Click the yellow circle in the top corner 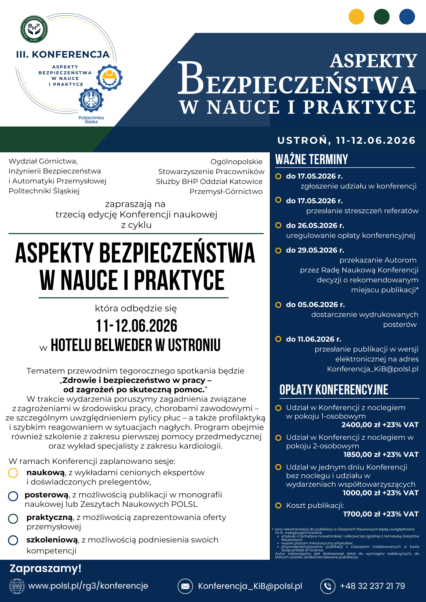(356, 17)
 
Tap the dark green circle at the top (381, 17)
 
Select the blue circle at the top (407, 17)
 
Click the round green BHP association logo (34, 29)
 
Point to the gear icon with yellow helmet (110, 77)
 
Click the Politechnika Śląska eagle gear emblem (91, 100)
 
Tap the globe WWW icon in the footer (17, 586)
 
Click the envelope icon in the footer (185, 586)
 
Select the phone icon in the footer (328, 586)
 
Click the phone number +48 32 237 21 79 (372, 586)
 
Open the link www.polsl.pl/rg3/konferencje (88, 586)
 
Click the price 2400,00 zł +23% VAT (380, 425)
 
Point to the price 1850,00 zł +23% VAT (381, 455)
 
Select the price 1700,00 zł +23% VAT (381, 514)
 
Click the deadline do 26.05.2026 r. (315, 226)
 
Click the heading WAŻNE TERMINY (312, 160)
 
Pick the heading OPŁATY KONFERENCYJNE (334, 390)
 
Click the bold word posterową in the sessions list (46, 495)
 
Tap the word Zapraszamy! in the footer (46, 568)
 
